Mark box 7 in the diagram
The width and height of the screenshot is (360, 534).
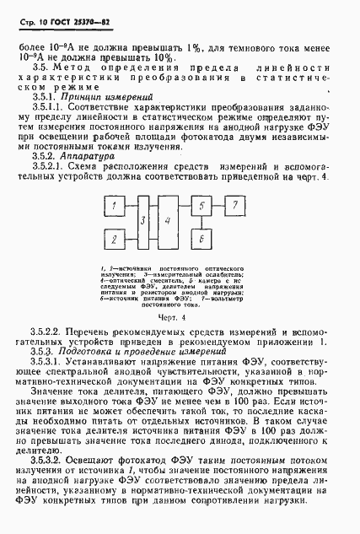tap(238, 208)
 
